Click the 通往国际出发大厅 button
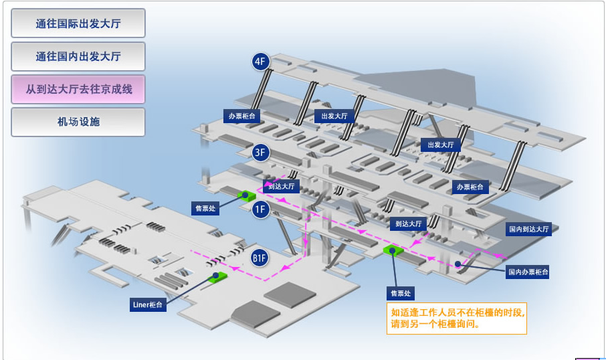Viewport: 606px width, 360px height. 78,23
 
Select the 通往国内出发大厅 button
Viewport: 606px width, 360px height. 78,56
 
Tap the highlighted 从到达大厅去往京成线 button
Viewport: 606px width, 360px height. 78,89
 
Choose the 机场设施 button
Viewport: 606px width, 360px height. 78,122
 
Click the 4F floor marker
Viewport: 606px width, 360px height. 260,62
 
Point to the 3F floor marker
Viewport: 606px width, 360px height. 261,153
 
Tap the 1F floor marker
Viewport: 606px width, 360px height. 260,210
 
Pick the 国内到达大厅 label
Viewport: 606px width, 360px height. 528,229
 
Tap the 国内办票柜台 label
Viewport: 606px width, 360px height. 528,272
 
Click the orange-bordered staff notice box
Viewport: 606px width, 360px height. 457,319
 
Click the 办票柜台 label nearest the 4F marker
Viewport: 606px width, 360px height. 241,116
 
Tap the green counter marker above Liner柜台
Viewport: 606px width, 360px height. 217,275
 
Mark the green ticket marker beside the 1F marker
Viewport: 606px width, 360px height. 245,196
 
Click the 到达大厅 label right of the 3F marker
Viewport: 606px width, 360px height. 281,187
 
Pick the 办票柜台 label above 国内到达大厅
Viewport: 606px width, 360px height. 470,187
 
